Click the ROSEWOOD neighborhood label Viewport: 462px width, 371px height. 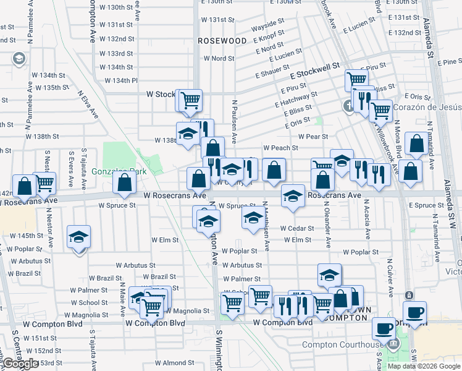(x=222, y=41)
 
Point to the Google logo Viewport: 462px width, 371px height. (x=20, y=364)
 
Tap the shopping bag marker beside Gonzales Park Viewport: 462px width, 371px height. (x=125, y=182)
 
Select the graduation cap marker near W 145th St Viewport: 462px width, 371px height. (x=78, y=238)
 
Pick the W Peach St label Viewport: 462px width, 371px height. (x=280, y=148)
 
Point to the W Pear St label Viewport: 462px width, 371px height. (x=313, y=137)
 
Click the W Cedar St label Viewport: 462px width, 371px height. (x=296, y=228)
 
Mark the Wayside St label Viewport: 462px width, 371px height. (x=267, y=29)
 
